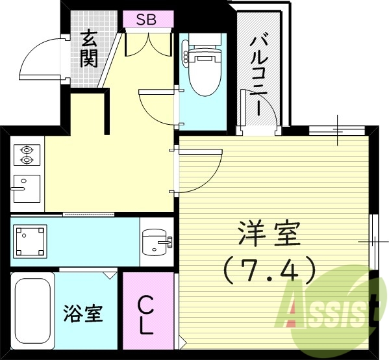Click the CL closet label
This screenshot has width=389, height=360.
[147, 314]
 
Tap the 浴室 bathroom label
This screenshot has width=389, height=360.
[83, 314]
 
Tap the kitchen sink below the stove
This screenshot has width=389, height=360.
[26, 188]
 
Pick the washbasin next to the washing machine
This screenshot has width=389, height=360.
[156, 242]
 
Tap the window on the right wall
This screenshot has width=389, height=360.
[373, 240]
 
